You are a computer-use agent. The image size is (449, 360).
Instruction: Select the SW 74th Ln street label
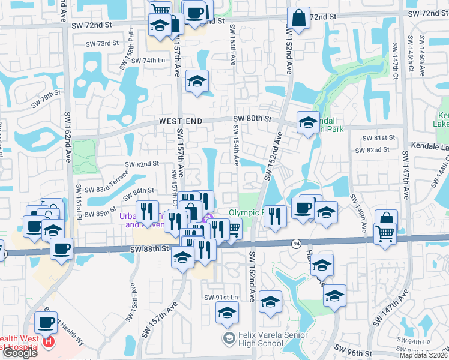pos(148,61)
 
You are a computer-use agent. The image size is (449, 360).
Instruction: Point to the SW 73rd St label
pos(103,43)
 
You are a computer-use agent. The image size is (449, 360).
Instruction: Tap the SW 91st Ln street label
pos(221,298)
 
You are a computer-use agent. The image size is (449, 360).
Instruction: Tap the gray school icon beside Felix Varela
pos(228,340)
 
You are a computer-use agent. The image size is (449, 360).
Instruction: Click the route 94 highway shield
pos(297,243)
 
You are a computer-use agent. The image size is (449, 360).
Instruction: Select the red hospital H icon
pos(49,343)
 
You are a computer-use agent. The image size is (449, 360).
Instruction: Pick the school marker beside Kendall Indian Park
pos(308,123)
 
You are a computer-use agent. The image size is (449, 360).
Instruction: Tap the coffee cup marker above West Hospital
pos(46,323)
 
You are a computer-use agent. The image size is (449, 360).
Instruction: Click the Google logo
pos(20,353)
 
